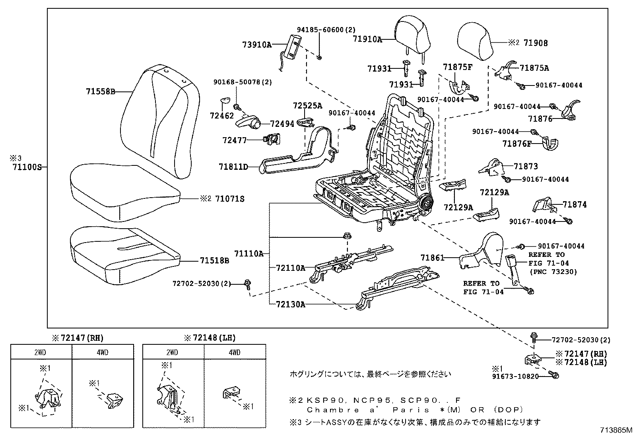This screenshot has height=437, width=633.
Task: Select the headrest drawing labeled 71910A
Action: pos(413,33)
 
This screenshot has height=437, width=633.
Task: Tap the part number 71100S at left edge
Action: pos(27,167)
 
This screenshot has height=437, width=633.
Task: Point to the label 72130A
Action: pos(291,305)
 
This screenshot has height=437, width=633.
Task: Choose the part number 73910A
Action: pos(256,45)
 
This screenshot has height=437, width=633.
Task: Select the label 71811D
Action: pos(233,167)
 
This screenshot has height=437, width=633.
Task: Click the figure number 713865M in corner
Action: pos(616,430)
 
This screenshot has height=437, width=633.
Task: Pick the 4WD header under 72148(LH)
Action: pos(235,352)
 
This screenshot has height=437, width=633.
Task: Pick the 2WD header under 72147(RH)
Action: pos(41,352)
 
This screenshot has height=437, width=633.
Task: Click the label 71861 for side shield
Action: pos(432,258)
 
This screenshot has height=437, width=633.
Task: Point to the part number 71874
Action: pos(575,205)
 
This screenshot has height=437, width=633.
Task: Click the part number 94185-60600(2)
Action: pos(326,29)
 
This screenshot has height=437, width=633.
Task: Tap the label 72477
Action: pos(235,140)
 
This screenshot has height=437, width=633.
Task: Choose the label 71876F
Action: pos(517,144)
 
